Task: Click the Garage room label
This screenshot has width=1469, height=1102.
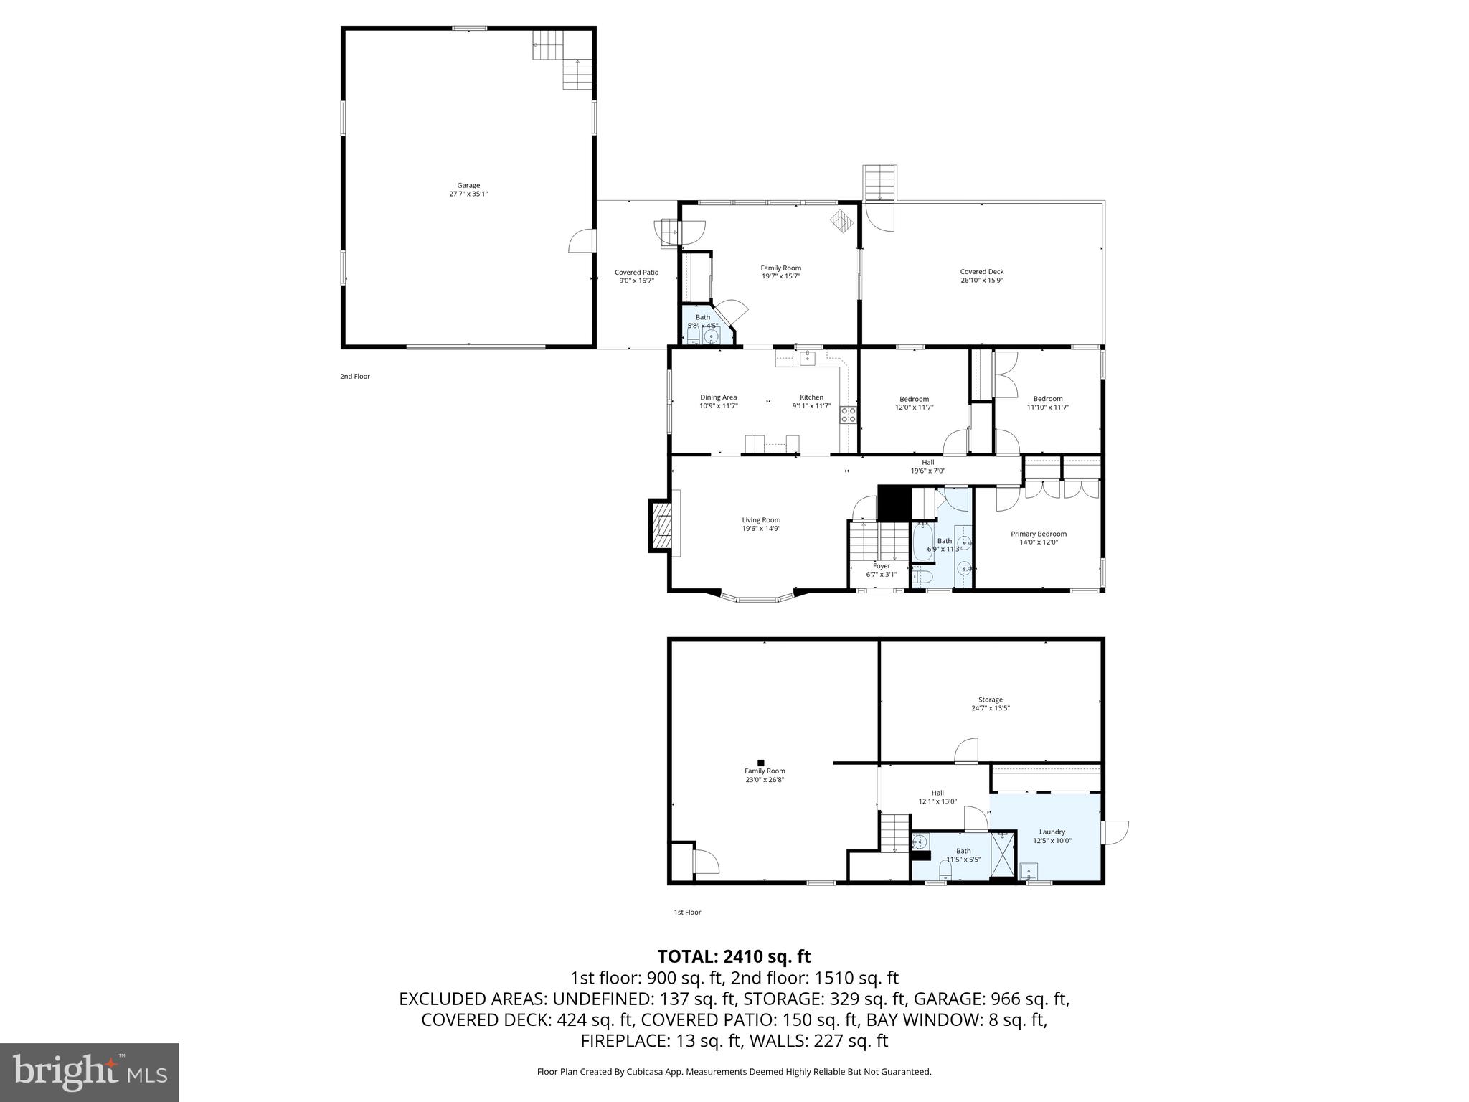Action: [x=468, y=185]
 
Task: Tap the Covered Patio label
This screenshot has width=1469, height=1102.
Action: [x=636, y=273]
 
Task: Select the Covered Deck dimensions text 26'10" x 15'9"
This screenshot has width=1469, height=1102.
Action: [x=981, y=281]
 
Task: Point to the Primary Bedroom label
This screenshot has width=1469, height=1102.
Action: [x=1038, y=534]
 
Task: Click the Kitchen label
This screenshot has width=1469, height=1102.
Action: [x=811, y=397]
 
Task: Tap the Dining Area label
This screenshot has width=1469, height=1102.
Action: [x=718, y=397]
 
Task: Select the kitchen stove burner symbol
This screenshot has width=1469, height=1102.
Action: [x=849, y=414]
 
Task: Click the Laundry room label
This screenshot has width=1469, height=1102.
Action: [x=1052, y=832]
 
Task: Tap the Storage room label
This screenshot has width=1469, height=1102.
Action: [x=990, y=700]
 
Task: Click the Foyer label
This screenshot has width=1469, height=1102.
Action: [x=881, y=566]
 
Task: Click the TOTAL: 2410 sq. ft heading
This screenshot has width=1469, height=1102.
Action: [x=734, y=956]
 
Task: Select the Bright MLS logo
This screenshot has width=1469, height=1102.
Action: [x=90, y=1073]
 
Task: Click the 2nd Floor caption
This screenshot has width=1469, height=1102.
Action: [x=355, y=376]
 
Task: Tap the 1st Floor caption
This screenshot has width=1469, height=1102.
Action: [x=687, y=913]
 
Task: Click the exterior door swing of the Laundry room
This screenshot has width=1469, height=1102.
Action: [x=1115, y=832]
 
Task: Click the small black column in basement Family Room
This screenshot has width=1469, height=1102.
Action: [x=761, y=763]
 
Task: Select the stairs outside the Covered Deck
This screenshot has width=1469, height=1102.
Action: [x=879, y=183]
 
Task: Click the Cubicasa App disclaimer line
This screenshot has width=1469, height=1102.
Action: [x=734, y=1072]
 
